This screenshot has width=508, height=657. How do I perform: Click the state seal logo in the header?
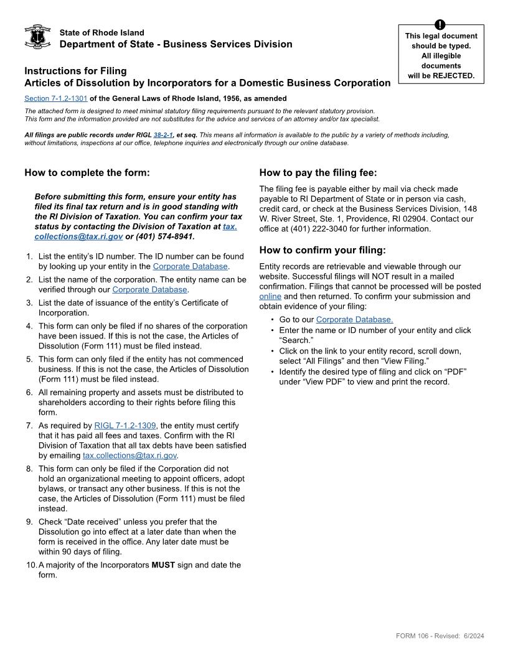pos(37,37)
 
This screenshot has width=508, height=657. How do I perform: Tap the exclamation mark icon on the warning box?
pos(440,25)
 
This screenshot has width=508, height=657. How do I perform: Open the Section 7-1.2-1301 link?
pos(56,98)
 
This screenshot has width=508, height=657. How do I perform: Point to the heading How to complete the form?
pos(87,173)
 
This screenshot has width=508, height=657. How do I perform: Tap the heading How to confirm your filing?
pos(322,251)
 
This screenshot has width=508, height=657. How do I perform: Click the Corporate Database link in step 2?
pos(149,289)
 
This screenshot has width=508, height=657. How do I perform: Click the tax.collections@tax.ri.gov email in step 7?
pos(130,455)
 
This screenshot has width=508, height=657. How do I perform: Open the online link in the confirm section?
pos(270,297)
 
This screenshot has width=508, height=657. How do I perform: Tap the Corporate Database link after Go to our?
pos(354,320)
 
